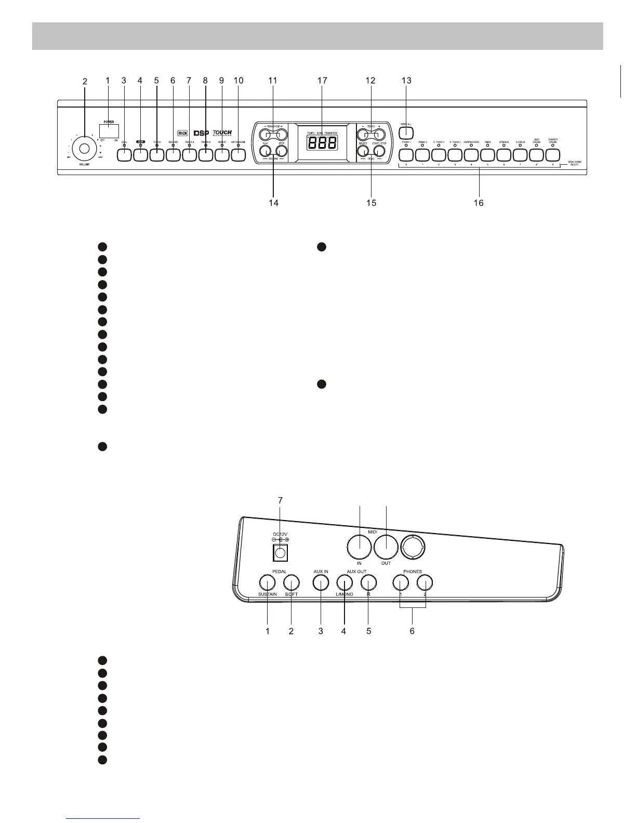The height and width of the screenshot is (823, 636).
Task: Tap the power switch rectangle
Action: point(108,130)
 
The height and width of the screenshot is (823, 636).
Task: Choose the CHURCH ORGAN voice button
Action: point(552,154)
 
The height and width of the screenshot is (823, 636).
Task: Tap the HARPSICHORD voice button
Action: point(472,154)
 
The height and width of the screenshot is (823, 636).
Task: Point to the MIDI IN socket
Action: point(359,546)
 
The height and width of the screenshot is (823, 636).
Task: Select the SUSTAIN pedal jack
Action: point(267,581)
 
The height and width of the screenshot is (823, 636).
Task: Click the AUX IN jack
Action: point(321,581)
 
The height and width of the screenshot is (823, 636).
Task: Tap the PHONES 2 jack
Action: point(425,581)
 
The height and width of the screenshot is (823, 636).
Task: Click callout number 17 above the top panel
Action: point(322,81)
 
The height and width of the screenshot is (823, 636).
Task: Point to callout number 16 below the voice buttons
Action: point(478,203)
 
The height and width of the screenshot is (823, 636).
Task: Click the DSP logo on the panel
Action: point(201,133)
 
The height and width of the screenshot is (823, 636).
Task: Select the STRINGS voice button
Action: point(504,154)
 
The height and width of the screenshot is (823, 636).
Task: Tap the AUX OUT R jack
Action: point(368,581)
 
